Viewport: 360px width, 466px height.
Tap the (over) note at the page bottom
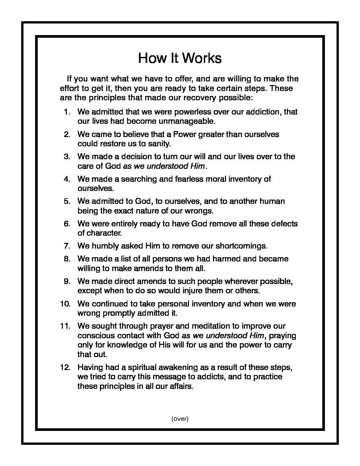click(x=180, y=419)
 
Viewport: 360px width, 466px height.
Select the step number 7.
click(x=67, y=246)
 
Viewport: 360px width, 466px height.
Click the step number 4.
click(x=67, y=179)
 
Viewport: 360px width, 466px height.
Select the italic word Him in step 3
click(x=198, y=166)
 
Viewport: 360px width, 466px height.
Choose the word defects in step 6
click(x=284, y=224)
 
